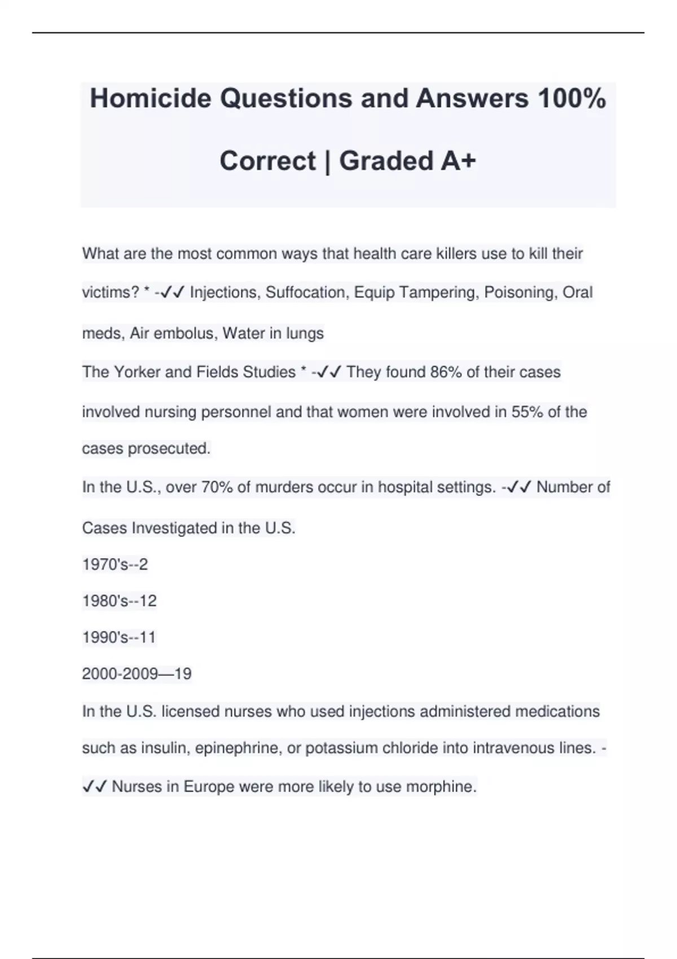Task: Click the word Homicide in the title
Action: coord(150,99)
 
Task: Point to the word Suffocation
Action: coord(305,293)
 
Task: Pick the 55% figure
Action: coord(527,412)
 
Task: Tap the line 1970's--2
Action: coord(115,565)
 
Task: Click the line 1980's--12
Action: coord(120,601)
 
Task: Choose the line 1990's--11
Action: coord(119,637)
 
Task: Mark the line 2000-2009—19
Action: coord(137,674)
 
